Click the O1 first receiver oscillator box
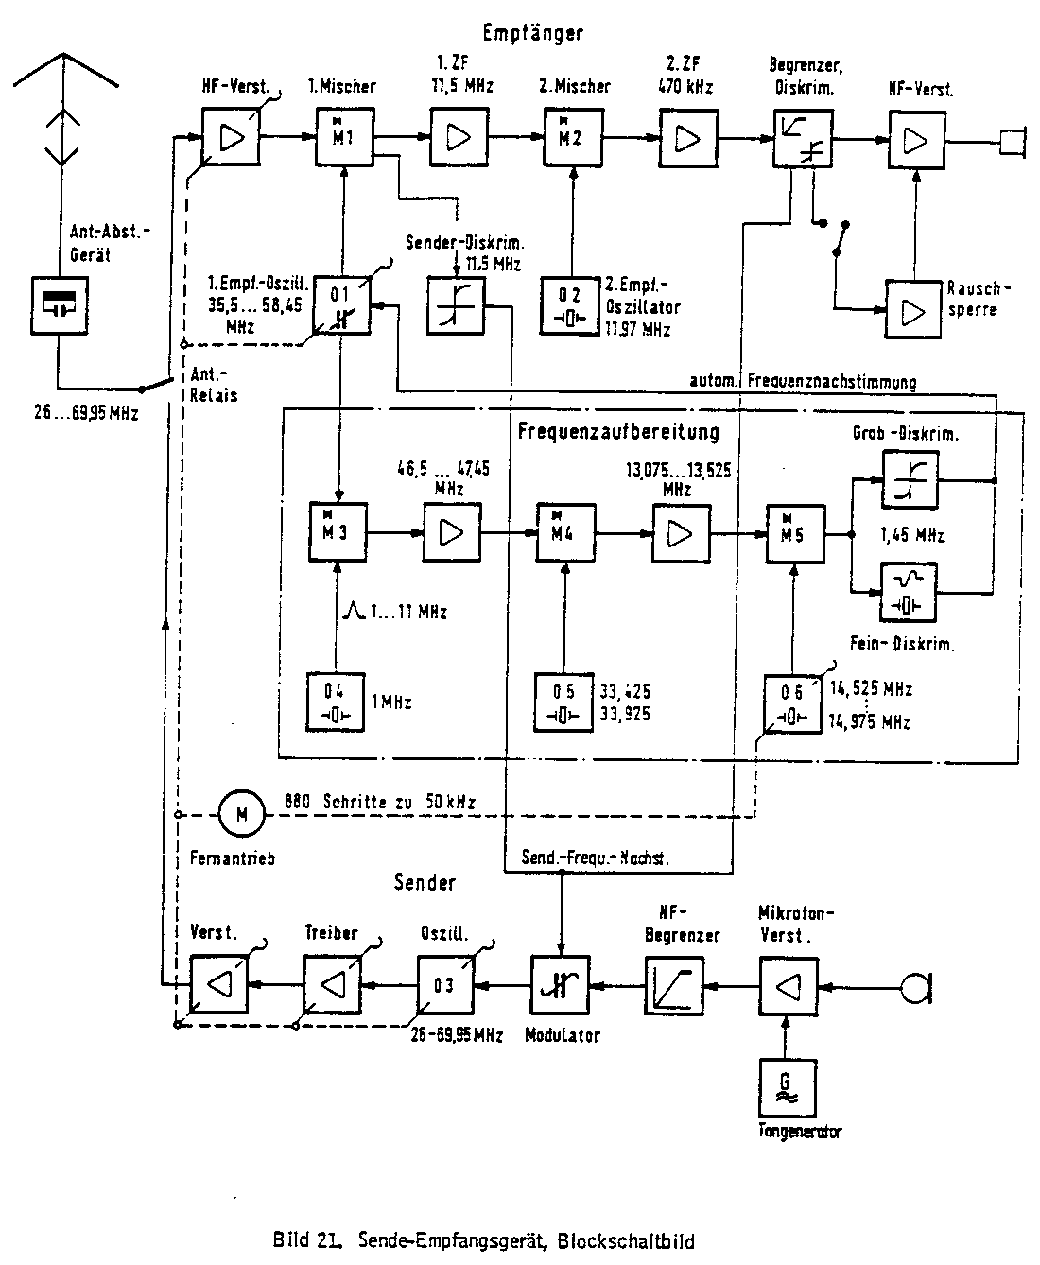tap(342, 305)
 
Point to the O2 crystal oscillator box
tap(570, 305)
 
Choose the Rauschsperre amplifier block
tap(913, 309)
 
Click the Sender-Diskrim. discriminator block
tap(456, 305)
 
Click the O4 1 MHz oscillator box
tap(338, 702)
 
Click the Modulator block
tap(559, 985)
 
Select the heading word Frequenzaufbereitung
tap(618, 433)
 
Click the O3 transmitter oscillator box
tap(445, 985)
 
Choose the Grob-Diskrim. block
tap(910, 478)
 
